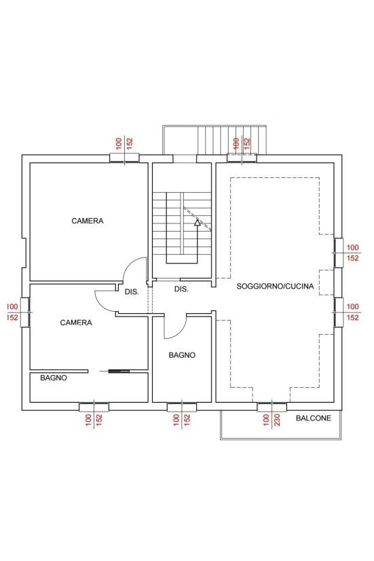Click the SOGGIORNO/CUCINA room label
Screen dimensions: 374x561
275,286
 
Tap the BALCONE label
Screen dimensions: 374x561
313,418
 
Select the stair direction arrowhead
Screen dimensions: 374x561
197,223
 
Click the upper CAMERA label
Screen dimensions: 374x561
88,221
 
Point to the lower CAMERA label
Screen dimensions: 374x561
76,323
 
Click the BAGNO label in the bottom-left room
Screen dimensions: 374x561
53,378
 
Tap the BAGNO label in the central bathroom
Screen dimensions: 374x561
182,355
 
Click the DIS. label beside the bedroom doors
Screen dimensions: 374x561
132,292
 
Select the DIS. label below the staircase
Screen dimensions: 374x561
181,289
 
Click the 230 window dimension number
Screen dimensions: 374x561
277,420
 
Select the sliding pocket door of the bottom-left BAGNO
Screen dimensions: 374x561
119,372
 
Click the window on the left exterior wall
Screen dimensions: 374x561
25,312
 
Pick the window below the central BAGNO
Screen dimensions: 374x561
182,407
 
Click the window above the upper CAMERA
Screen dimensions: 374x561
124,158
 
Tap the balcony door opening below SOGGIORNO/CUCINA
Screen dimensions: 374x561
272,407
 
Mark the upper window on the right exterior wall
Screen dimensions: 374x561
339,253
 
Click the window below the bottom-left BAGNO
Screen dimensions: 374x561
94,407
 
